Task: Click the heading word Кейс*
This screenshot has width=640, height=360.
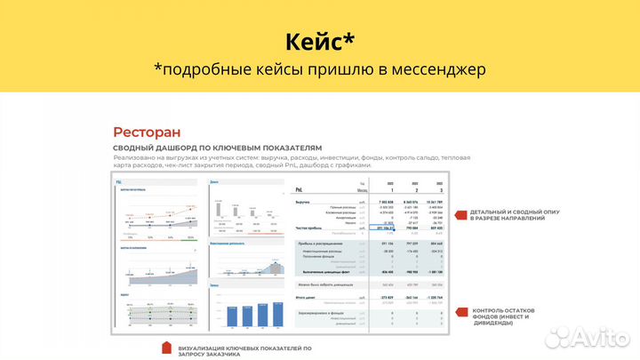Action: (x=319, y=42)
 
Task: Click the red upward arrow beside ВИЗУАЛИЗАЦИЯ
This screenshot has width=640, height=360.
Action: (x=165, y=348)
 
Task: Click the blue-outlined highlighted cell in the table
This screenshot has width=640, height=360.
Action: (x=388, y=228)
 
